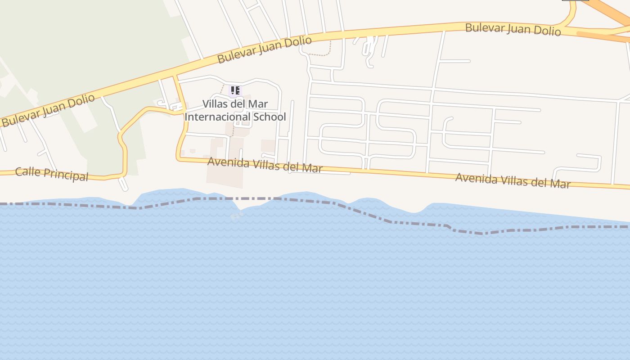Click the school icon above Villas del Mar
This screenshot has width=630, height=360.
(x=235, y=90)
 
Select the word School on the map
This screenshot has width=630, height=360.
(x=269, y=117)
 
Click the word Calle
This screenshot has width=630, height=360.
(x=26, y=171)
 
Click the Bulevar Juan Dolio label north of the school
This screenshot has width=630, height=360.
(x=264, y=49)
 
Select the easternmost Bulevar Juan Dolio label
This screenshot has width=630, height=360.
(x=513, y=29)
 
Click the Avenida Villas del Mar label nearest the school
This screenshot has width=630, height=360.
(x=265, y=165)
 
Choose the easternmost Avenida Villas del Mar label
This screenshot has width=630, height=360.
(x=513, y=180)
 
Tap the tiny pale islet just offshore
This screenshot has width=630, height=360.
(x=237, y=216)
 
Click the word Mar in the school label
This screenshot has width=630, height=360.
(x=258, y=104)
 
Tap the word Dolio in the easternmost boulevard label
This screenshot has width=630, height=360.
(x=546, y=31)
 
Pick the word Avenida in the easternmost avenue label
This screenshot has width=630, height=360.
(x=475, y=178)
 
